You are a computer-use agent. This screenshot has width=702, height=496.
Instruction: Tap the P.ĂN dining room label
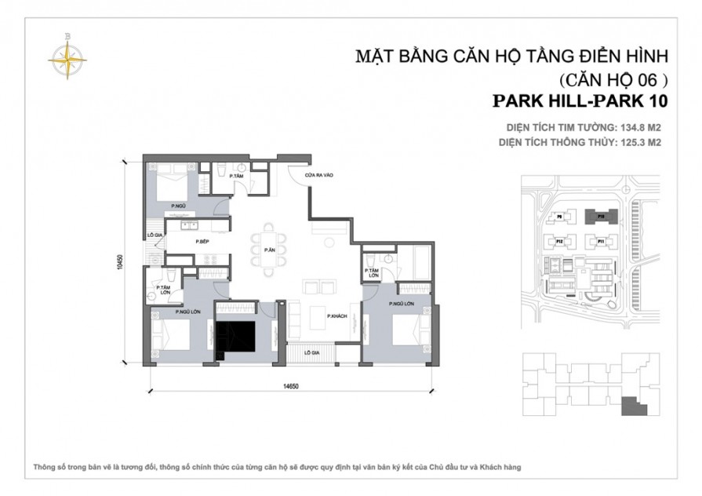click(x=268, y=250)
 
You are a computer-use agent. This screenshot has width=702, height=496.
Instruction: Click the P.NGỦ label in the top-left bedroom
click(x=179, y=206)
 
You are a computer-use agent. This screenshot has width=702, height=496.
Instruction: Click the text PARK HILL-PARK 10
click(x=580, y=101)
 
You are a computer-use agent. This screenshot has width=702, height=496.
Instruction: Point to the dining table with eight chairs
click(x=268, y=251)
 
